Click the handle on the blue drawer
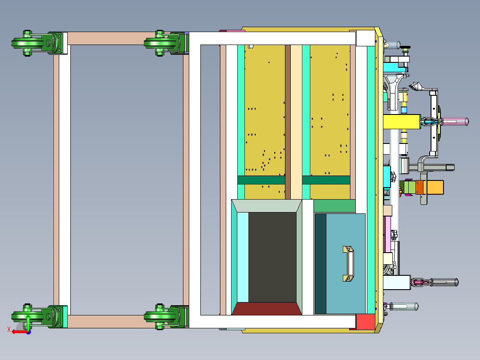(348, 263)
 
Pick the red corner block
(366, 322)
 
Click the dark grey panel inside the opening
(272, 257)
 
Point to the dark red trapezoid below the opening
(267, 309)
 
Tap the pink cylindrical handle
(455, 122)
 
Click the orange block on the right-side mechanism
(419, 187)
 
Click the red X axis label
(9, 330)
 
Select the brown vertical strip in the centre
(288, 122)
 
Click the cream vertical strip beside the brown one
(297, 122)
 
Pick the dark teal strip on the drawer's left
(321, 263)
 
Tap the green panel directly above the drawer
(334, 206)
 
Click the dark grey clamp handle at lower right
(444, 282)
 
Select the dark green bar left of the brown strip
(261, 180)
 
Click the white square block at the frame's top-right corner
(366, 38)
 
